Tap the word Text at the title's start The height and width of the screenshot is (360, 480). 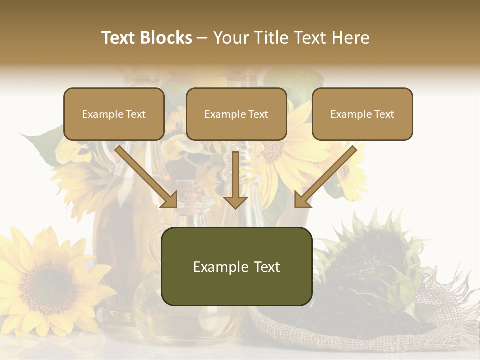point(118,38)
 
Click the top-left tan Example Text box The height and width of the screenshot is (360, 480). point(114,114)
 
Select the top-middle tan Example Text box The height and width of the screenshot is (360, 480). point(236,114)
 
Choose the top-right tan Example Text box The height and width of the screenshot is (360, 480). point(362,114)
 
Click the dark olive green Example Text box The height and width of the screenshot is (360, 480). point(236,266)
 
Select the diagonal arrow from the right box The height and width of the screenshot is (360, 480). point(327,175)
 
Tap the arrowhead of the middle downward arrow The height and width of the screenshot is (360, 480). point(235,201)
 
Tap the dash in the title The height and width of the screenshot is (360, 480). point(202,38)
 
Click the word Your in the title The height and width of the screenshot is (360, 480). point(231,38)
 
